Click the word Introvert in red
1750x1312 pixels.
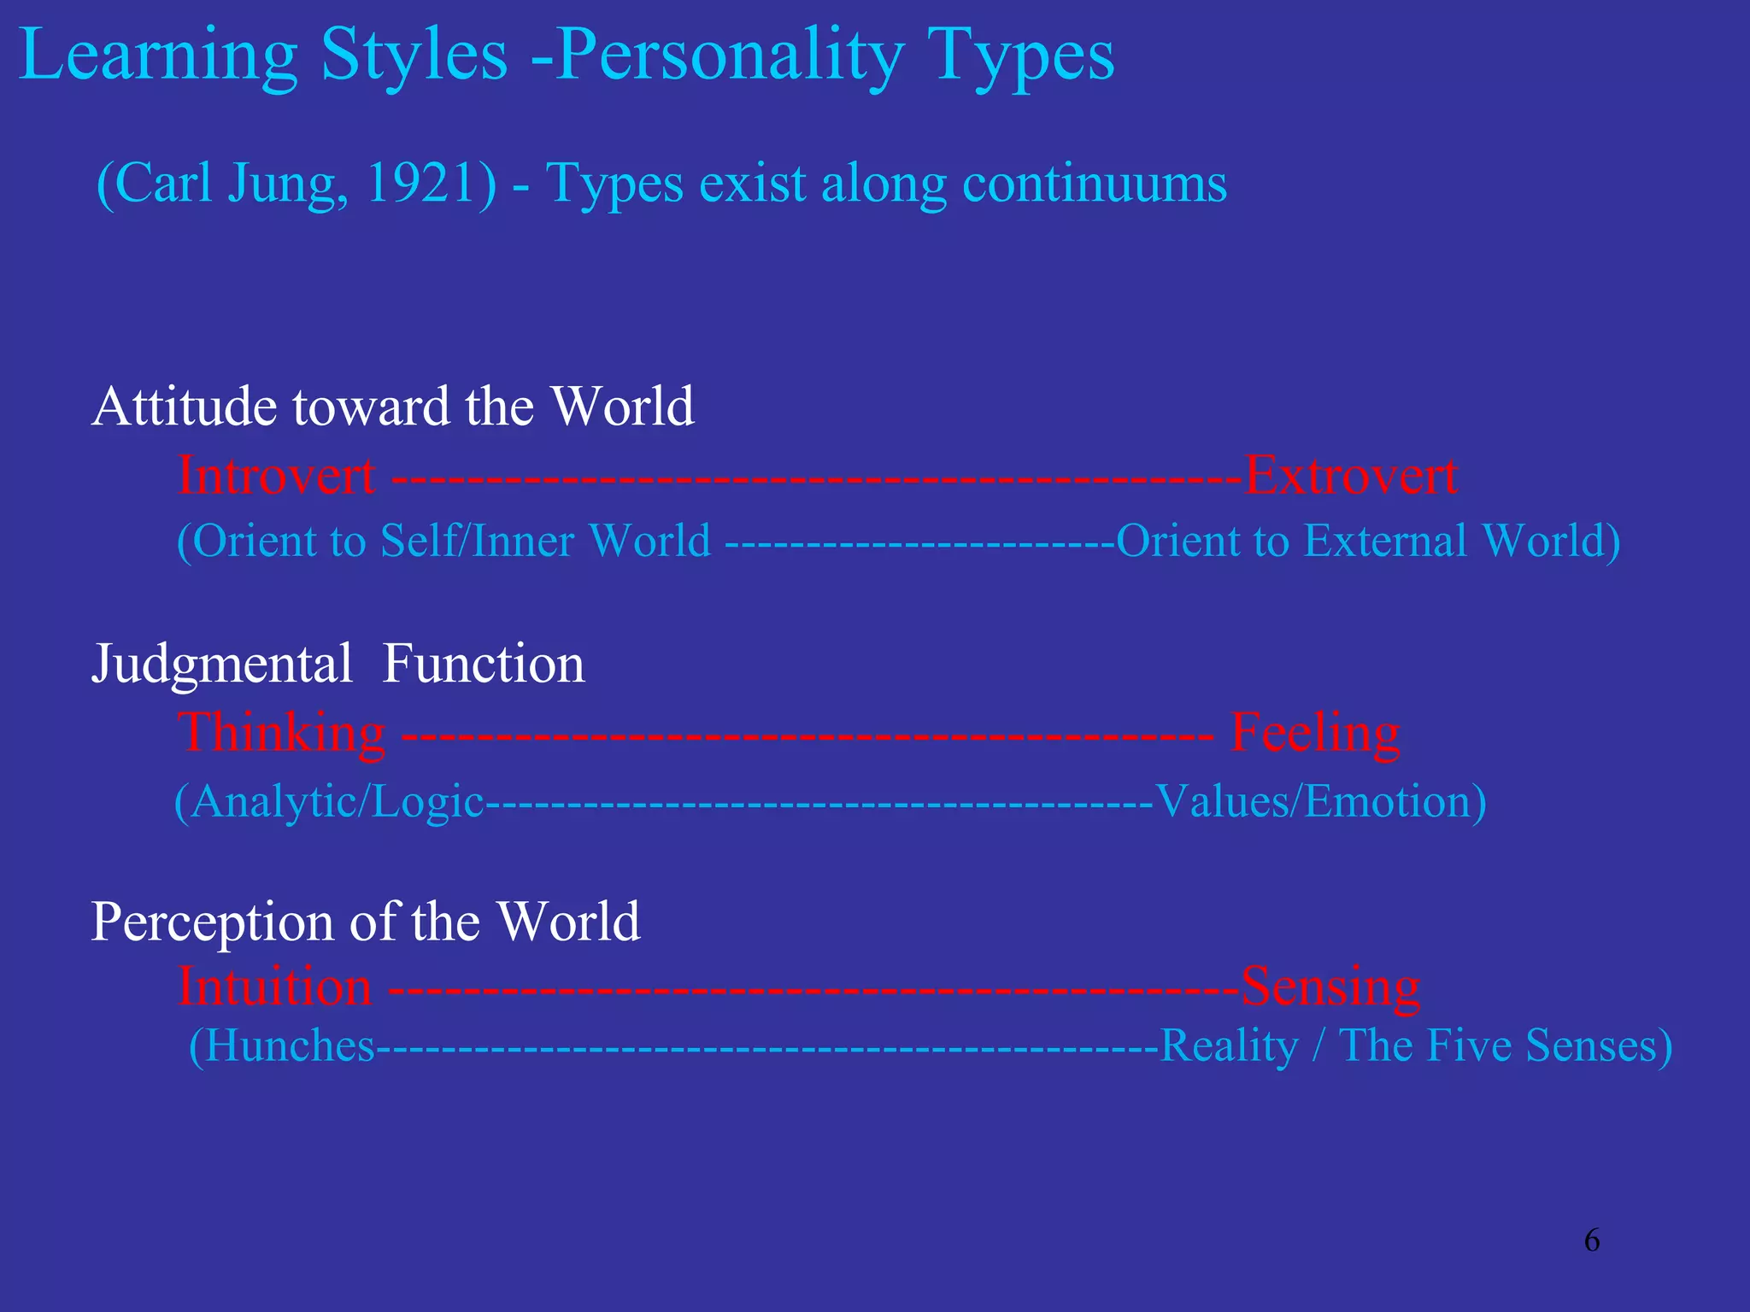[276, 476]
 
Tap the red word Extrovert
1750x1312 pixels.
[1350, 476]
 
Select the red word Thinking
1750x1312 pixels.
[281, 734]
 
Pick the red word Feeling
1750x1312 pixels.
[1315, 734]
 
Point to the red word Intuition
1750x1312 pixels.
[274, 987]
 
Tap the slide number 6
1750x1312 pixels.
[1591, 1239]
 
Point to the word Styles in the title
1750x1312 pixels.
[414, 56]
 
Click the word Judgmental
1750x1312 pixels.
[221, 665]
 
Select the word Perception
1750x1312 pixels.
[212, 922]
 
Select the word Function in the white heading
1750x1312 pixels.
[484, 664]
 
